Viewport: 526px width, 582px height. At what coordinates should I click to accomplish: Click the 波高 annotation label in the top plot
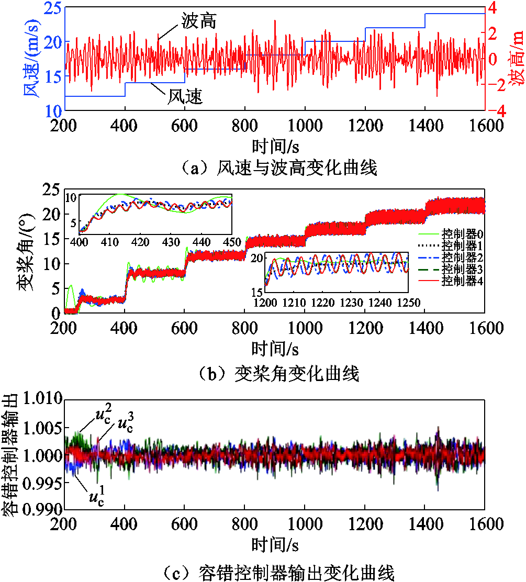tap(198, 22)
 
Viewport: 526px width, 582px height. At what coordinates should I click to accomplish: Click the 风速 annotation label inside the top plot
tap(185, 96)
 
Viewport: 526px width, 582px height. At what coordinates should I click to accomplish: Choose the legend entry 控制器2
tap(462, 257)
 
